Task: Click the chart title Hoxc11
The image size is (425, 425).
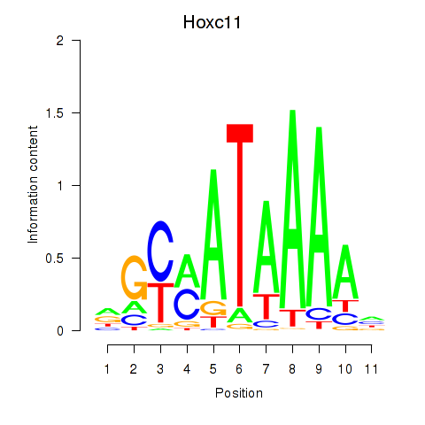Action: coord(212,22)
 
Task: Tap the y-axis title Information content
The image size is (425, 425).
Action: coord(33,185)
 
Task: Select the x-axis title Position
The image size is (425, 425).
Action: coord(239,393)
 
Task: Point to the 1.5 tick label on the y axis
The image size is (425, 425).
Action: coord(55,113)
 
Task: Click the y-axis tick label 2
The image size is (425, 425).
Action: coord(60,41)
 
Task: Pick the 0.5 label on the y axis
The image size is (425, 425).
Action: coord(55,259)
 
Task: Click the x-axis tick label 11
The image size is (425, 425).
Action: coord(371,369)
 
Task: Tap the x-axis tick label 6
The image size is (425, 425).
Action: coord(239,369)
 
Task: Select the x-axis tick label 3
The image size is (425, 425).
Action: coord(160,369)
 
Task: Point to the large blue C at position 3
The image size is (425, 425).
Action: coord(160,251)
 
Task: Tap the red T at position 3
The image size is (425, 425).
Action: coord(160,303)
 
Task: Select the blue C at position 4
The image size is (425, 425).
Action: coord(187,304)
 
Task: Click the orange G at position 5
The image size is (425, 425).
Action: coord(213,308)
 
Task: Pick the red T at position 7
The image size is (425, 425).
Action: coord(267,306)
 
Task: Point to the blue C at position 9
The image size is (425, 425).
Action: coord(319,314)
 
